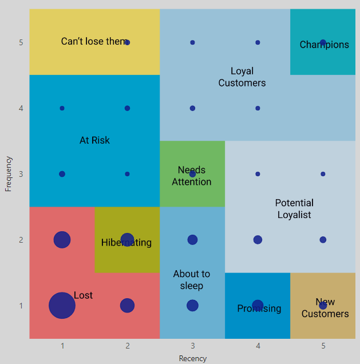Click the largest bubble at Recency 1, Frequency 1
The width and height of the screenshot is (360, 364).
[62, 306]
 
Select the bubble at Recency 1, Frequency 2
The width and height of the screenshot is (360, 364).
[62, 240]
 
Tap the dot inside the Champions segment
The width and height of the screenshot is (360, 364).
[323, 42]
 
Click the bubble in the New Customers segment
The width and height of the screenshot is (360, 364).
[323, 306]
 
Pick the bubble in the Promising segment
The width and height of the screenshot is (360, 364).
[258, 306]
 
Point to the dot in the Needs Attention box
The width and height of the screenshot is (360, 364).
[192, 174]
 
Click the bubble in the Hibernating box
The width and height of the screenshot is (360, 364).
[127, 240]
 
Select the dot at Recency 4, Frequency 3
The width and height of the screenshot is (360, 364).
[258, 174]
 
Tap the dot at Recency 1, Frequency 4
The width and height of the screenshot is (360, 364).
[62, 108]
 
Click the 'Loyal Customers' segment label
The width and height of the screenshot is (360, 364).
[242, 77]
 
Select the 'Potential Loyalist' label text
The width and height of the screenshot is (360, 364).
[294, 209]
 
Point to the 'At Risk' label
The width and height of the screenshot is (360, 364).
[94, 140]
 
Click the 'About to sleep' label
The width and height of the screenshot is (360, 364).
[192, 280]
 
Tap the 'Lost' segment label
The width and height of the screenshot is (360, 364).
[83, 295]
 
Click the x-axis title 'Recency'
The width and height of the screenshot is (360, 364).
[192, 359]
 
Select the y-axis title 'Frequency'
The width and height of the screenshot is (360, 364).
[9, 174]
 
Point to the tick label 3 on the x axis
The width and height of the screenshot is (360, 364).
[192, 346]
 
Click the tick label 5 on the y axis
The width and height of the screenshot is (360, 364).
[21, 42]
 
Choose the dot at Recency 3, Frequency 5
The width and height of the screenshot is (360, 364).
[192, 42]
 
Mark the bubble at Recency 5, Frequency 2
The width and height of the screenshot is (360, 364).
[323, 240]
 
